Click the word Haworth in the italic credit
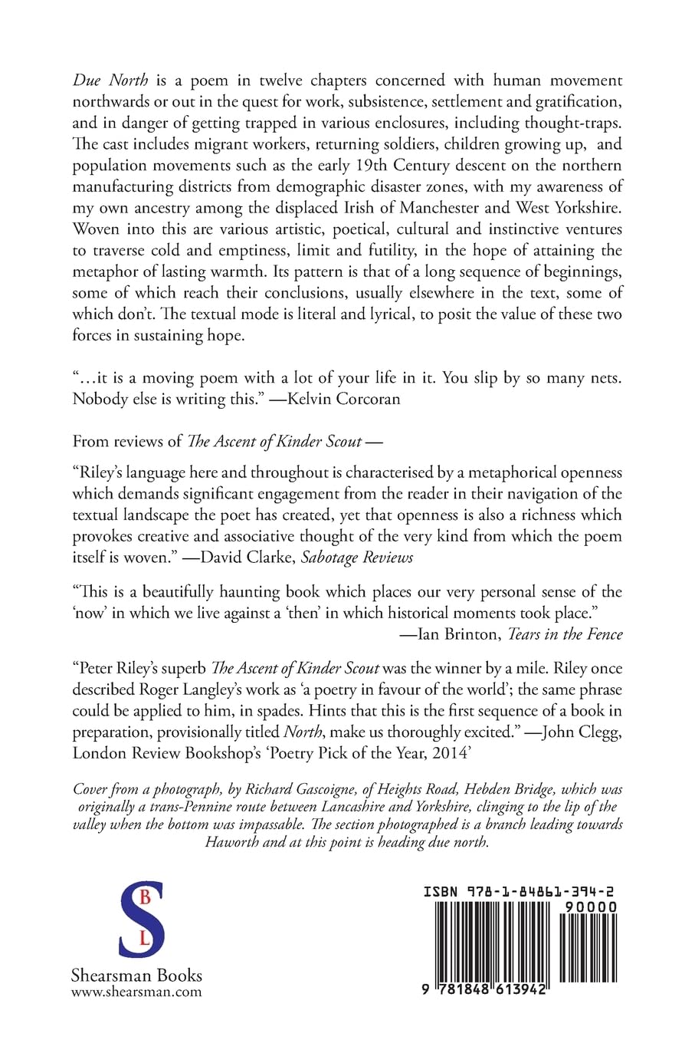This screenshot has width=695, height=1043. (231, 842)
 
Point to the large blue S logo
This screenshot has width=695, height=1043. (142, 917)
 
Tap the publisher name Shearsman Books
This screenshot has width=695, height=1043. (136, 976)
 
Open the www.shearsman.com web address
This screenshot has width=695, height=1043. (136, 992)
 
